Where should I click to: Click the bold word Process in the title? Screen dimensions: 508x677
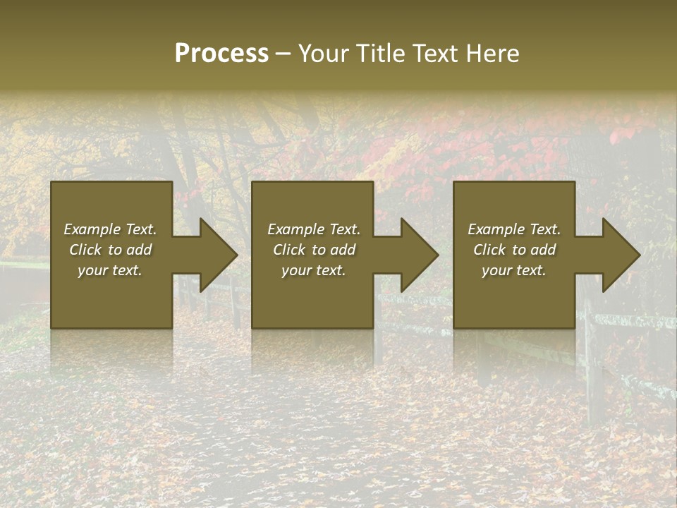(x=221, y=54)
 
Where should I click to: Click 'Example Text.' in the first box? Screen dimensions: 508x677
(x=110, y=229)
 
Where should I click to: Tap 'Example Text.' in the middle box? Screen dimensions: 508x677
(x=314, y=229)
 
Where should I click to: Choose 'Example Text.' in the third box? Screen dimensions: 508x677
(x=514, y=229)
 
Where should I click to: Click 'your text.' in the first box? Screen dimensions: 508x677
(x=110, y=270)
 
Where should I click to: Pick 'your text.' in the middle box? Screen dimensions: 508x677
(x=314, y=270)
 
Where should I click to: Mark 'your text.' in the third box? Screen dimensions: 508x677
(x=514, y=270)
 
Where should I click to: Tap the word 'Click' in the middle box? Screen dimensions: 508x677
(x=289, y=250)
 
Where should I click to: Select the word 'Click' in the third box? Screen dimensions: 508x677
(x=489, y=250)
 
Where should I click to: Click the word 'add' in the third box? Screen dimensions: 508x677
(x=543, y=250)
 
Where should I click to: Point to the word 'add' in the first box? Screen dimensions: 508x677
(x=139, y=250)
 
